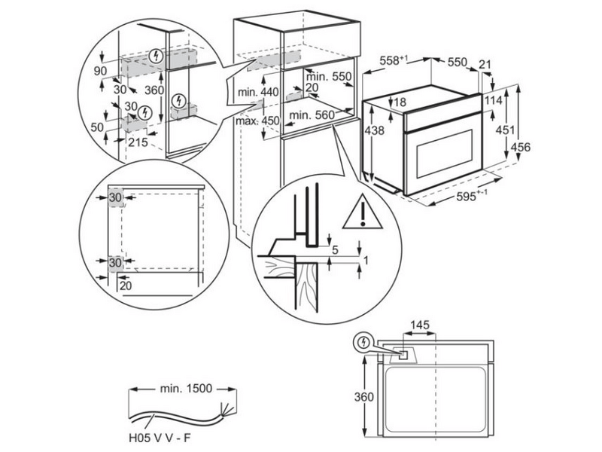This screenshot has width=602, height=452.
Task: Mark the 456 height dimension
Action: tap(521, 147)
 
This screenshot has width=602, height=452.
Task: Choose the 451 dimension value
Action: tap(500, 130)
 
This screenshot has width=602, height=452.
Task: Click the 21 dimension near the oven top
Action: tap(486, 66)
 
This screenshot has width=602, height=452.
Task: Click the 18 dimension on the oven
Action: tap(400, 102)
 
